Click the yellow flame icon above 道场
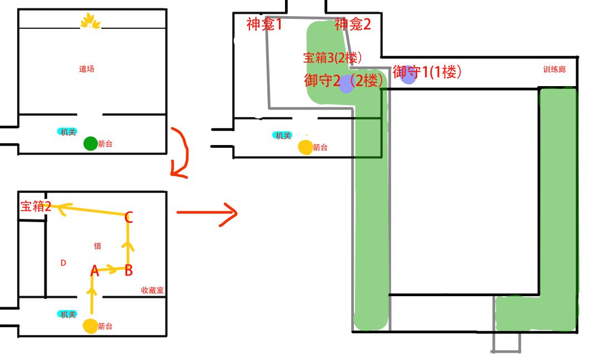(90, 21)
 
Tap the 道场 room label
(87, 69)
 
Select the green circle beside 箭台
(91, 143)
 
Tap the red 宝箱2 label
(36, 207)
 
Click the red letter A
(94, 271)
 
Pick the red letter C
(128, 217)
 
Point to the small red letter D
(63, 263)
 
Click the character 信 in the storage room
(98, 246)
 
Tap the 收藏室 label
(152, 290)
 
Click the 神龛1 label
(264, 24)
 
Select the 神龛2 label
(352, 24)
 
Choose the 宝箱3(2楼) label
(332, 58)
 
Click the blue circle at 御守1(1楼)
(408, 74)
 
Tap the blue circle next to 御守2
(346, 84)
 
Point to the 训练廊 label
(554, 69)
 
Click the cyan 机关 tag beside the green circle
(67, 132)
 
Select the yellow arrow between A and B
(108, 269)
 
